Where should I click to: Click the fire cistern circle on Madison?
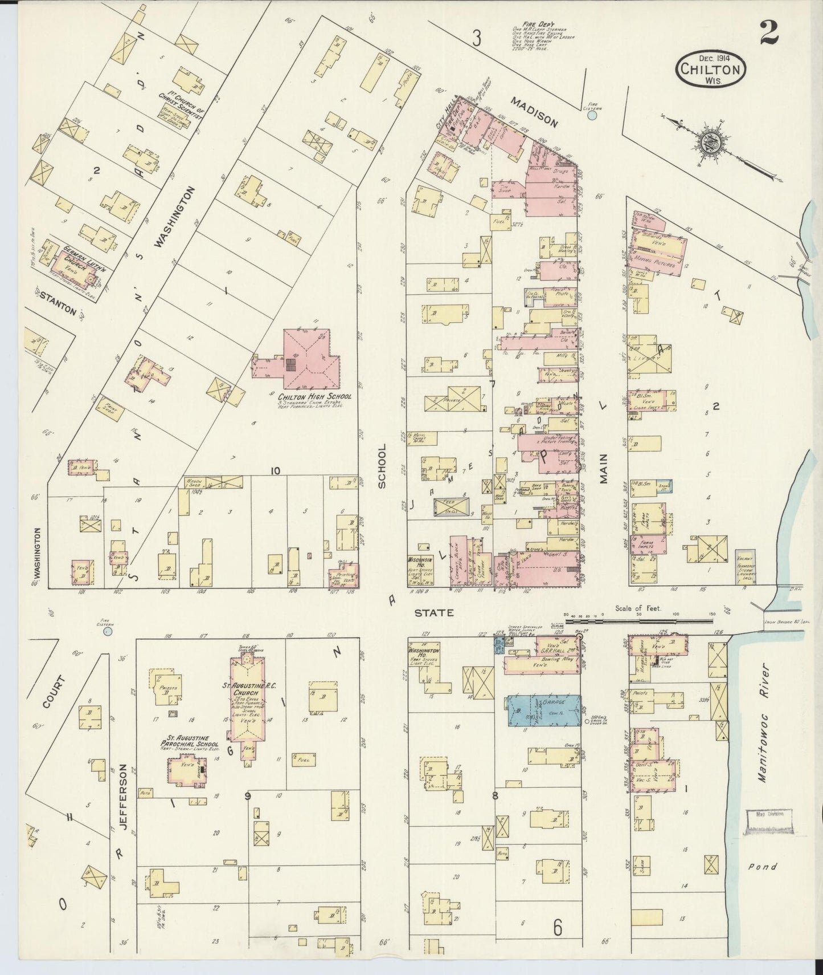point(592,115)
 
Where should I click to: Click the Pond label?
point(761,867)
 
